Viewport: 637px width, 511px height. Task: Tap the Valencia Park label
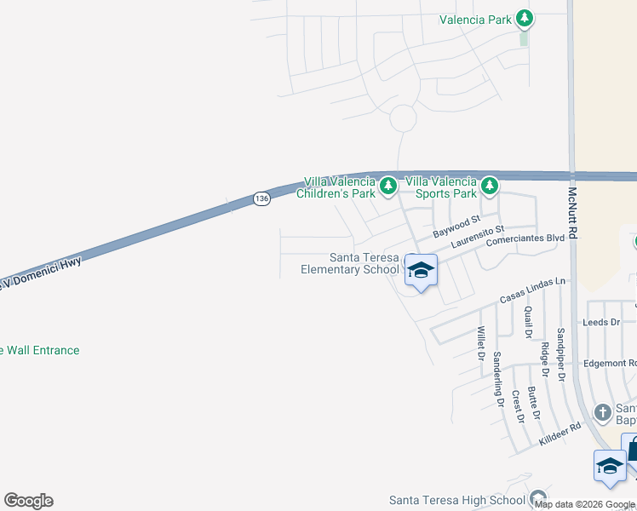pyautogui.click(x=476, y=19)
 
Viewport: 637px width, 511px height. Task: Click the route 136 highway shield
pyautogui.click(x=261, y=198)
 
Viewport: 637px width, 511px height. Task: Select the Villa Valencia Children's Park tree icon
pyautogui.click(x=388, y=185)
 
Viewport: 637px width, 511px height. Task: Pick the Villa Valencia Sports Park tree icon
pyautogui.click(x=489, y=185)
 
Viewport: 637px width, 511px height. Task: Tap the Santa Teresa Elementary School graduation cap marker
pyautogui.click(x=420, y=270)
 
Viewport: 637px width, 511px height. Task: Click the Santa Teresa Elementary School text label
pyautogui.click(x=350, y=264)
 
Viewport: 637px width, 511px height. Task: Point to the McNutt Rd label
pyautogui.click(x=572, y=213)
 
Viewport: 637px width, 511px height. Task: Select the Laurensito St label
pyautogui.click(x=478, y=237)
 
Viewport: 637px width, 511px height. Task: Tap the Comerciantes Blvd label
pyautogui.click(x=525, y=240)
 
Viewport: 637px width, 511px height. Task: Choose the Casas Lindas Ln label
pyautogui.click(x=532, y=290)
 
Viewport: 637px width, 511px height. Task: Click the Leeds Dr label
pyautogui.click(x=600, y=323)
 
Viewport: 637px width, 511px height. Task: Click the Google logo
pyautogui.click(x=28, y=501)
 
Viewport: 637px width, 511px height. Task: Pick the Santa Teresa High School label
pyautogui.click(x=457, y=500)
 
